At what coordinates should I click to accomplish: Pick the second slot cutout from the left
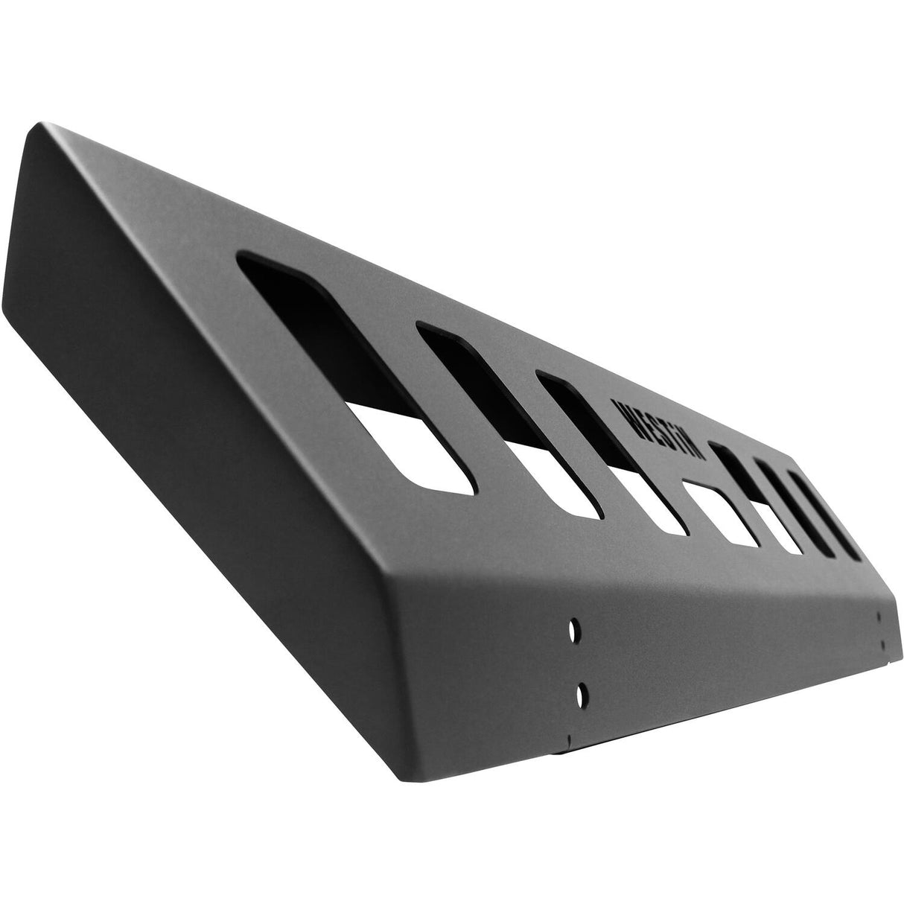[506, 417]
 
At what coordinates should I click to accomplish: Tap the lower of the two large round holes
[579, 695]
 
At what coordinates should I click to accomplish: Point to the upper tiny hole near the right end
[880, 617]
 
